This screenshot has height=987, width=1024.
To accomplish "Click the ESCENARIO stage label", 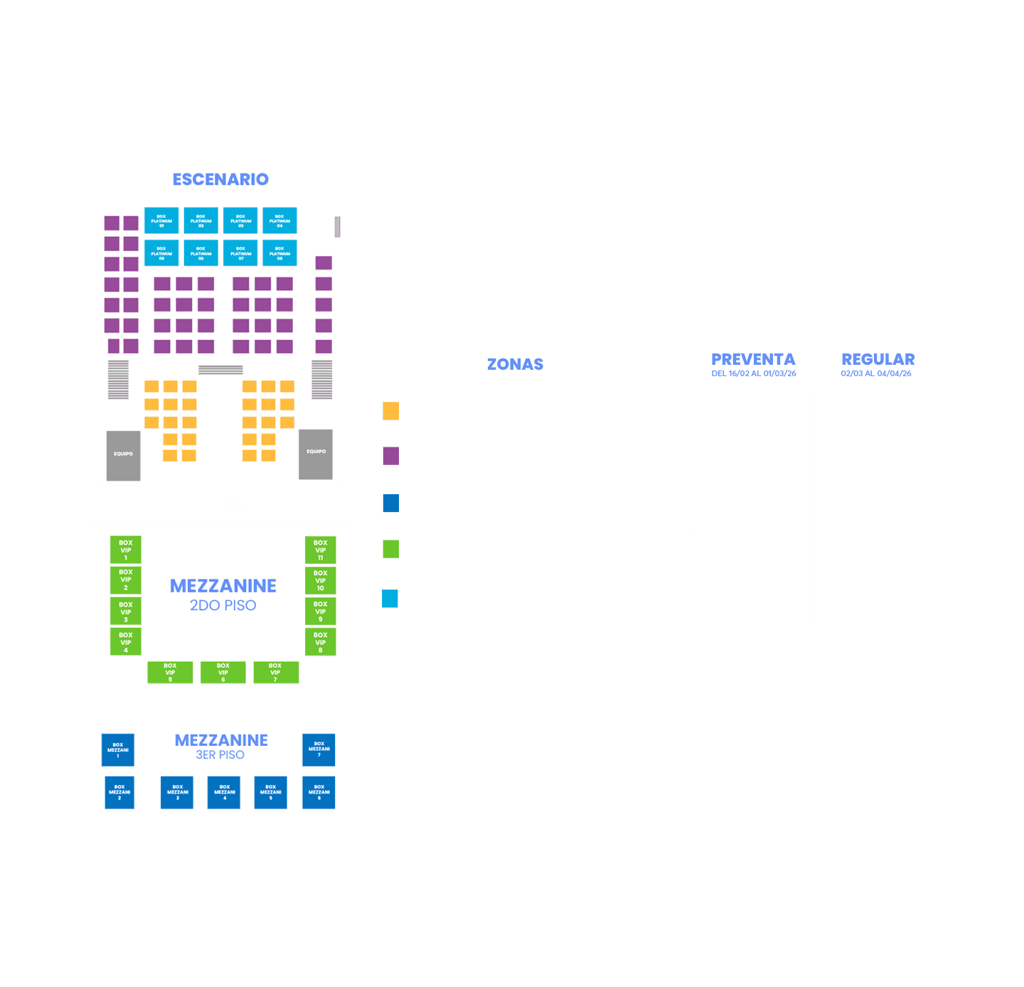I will [220, 179].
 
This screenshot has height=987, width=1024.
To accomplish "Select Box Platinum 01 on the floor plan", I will [161, 220].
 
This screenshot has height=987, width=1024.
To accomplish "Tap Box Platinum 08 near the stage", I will [279, 253].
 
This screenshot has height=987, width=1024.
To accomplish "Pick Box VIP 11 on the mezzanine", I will [321, 550].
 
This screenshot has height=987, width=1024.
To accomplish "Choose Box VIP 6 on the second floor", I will [223, 673].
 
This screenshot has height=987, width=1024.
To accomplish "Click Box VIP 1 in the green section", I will [125, 550].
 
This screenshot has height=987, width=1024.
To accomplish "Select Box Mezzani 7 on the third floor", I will [319, 750].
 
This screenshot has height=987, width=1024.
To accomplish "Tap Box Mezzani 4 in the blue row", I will [225, 793].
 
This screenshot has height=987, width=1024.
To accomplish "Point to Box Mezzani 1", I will [118, 750].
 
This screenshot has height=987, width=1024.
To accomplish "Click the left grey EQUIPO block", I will [123, 455].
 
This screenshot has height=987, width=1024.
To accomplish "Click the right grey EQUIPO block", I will [316, 454].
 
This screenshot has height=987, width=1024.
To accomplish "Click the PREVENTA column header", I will [753, 360].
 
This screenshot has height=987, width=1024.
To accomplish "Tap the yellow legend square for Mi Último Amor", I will [390, 411].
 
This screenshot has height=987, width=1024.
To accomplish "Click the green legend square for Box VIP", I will [390, 549].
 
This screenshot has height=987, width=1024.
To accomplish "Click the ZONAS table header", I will [515, 364].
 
